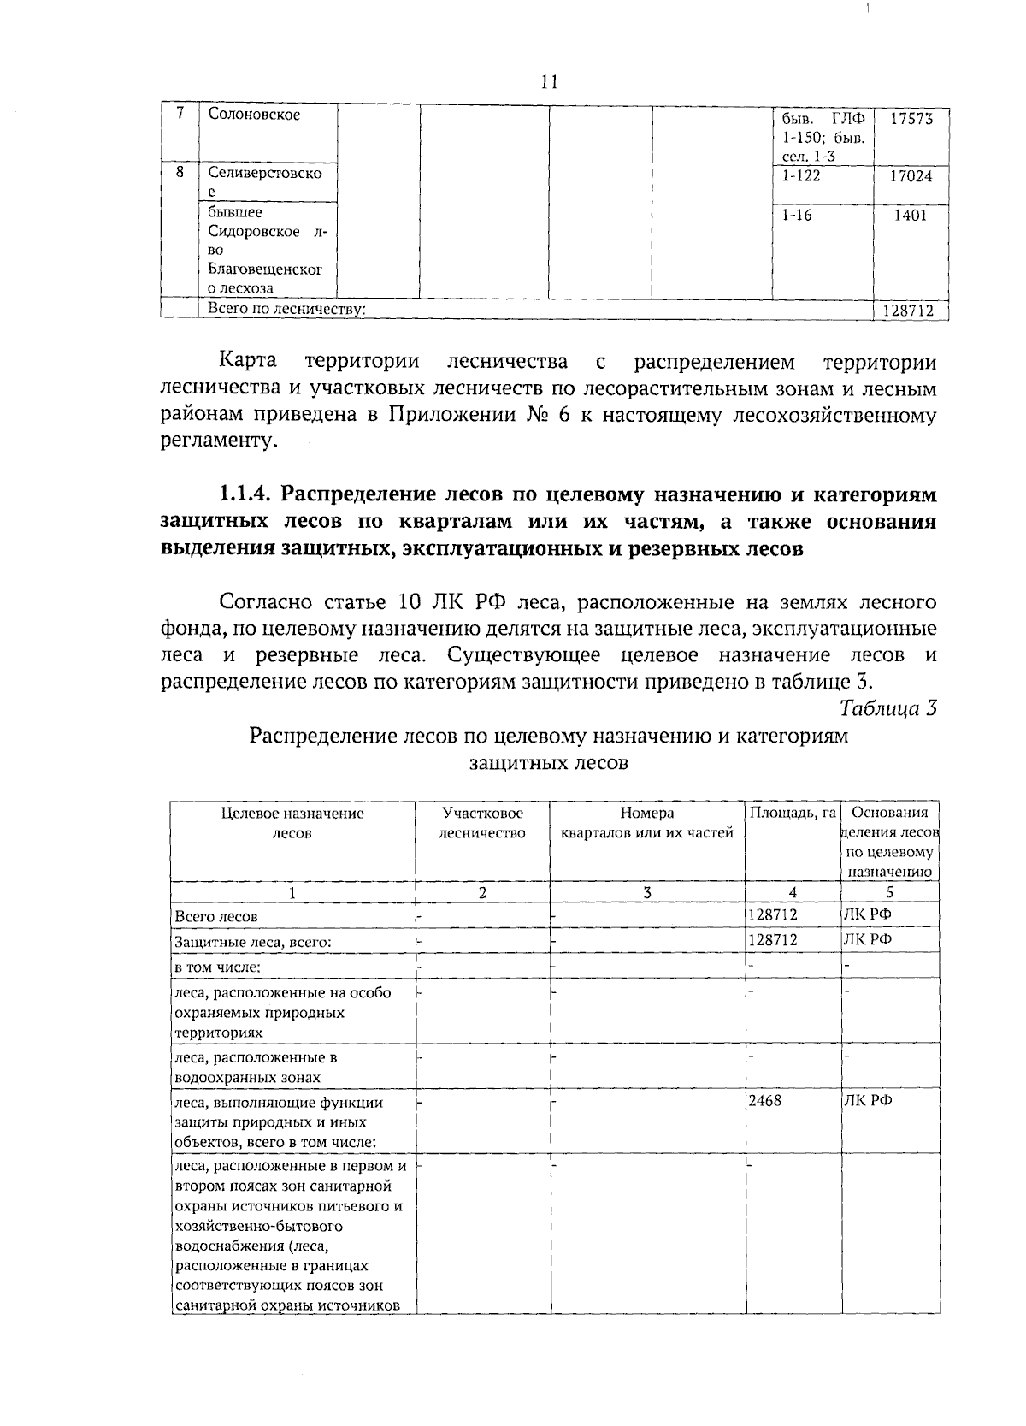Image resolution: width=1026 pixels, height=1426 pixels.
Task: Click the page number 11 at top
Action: point(549,82)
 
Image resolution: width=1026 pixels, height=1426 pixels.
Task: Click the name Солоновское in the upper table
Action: point(254,115)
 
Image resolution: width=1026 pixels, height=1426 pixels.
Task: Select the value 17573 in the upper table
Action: point(911,118)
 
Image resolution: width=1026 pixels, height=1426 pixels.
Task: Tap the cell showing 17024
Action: point(911,176)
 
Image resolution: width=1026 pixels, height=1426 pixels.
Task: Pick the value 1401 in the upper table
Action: point(911,216)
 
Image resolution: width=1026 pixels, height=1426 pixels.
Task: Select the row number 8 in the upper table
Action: point(180,172)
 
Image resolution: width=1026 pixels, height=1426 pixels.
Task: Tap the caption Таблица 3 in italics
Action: point(888,708)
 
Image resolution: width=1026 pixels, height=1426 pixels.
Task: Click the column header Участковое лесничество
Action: point(482,823)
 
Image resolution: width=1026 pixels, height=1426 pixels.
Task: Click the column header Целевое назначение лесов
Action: point(292,823)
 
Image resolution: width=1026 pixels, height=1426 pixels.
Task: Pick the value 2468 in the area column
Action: point(765,1101)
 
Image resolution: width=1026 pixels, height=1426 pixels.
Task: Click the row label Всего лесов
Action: point(216,916)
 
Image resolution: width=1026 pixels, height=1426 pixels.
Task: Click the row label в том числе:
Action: point(217,967)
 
